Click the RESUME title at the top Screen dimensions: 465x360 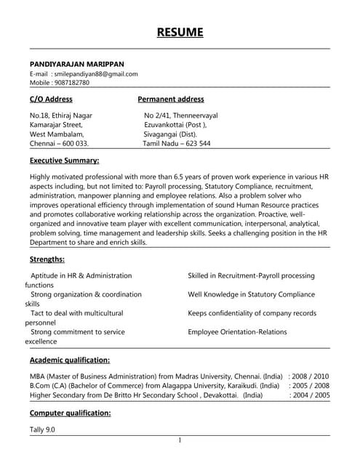(x=180, y=32)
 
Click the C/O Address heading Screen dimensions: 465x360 (x=51, y=99)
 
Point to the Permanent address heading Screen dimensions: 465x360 (x=171, y=99)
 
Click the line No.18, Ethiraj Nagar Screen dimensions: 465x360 (x=60, y=116)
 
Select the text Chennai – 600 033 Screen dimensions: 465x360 (x=59, y=144)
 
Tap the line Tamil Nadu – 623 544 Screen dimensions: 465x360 (x=177, y=144)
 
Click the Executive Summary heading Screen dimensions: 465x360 (x=64, y=160)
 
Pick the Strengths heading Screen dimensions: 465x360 (x=47, y=259)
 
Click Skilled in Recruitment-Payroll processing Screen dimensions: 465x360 (x=251, y=275)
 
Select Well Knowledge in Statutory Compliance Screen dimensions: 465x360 (x=251, y=294)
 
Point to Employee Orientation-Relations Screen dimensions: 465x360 (x=237, y=332)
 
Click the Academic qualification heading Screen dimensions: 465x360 (x=70, y=360)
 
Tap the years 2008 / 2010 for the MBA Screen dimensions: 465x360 (x=311, y=376)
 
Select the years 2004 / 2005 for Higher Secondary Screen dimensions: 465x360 (x=311, y=395)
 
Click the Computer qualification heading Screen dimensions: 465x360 (x=70, y=413)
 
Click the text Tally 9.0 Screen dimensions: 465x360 (x=42, y=429)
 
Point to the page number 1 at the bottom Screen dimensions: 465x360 (x=180, y=440)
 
